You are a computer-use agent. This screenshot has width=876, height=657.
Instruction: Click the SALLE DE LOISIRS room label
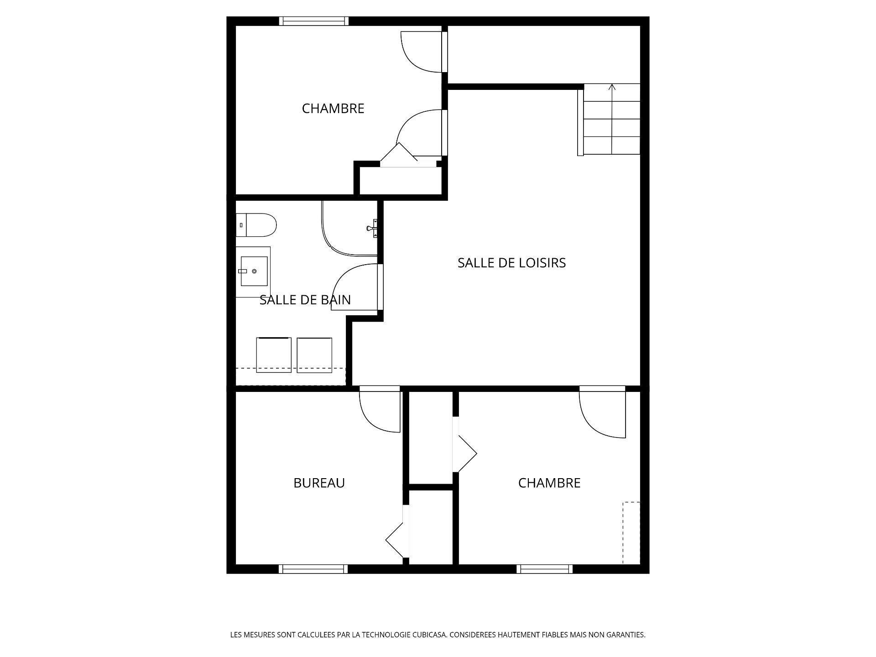tap(511, 263)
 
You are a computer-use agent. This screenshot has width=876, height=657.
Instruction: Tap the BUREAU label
tap(319, 483)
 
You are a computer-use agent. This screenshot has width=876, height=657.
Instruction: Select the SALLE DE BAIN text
tap(305, 300)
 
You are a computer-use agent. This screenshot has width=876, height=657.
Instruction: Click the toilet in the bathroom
tap(258, 225)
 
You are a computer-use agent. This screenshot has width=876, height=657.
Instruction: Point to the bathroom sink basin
tap(254, 271)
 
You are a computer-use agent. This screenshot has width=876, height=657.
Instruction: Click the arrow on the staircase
tap(612, 88)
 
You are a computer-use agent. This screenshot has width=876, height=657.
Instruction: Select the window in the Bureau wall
tap(313, 569)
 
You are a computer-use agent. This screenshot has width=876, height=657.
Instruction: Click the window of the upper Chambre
tap(313, 21)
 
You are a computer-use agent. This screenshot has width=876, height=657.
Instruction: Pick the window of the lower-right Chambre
tap(544, 569)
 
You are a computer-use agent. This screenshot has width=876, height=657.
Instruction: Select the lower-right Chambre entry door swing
tap(602, 413)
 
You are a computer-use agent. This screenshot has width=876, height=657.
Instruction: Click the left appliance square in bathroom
tap(274, 355)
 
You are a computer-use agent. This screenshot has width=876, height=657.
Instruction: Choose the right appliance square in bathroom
tap(314, 355)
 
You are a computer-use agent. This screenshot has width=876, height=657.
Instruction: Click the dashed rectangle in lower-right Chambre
tap(631, 532)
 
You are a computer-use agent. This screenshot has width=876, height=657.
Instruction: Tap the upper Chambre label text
tap(333, 109)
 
